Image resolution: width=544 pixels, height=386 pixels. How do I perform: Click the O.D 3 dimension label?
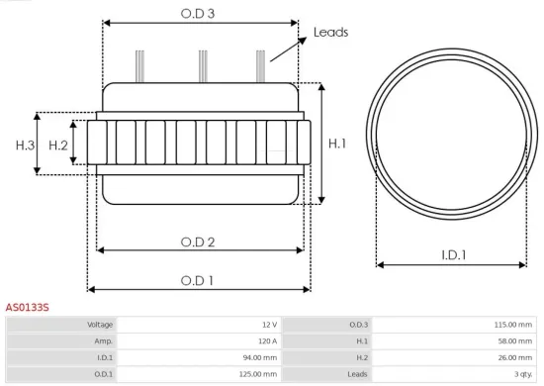click(x=200, y=13)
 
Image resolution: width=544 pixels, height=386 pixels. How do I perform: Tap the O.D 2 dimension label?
click(x=198, y=241)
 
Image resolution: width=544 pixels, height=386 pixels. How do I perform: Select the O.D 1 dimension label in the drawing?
click(x=199, y=280)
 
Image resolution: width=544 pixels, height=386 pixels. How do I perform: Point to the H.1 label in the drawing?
click(x=337, y=144)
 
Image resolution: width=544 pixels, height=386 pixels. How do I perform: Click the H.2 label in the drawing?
click(x=58, y=145)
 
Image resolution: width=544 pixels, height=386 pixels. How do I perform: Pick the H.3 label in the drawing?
click(x=26, y=145)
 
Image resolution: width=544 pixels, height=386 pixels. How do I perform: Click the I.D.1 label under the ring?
click(x=454, y=254)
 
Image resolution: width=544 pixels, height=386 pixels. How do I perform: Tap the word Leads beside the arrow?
click(x=330, y=33)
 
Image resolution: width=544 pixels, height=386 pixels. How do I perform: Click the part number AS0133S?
click(x=28, y=308)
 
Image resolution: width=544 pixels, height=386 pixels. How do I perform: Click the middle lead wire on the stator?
click(x=202, y=65)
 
